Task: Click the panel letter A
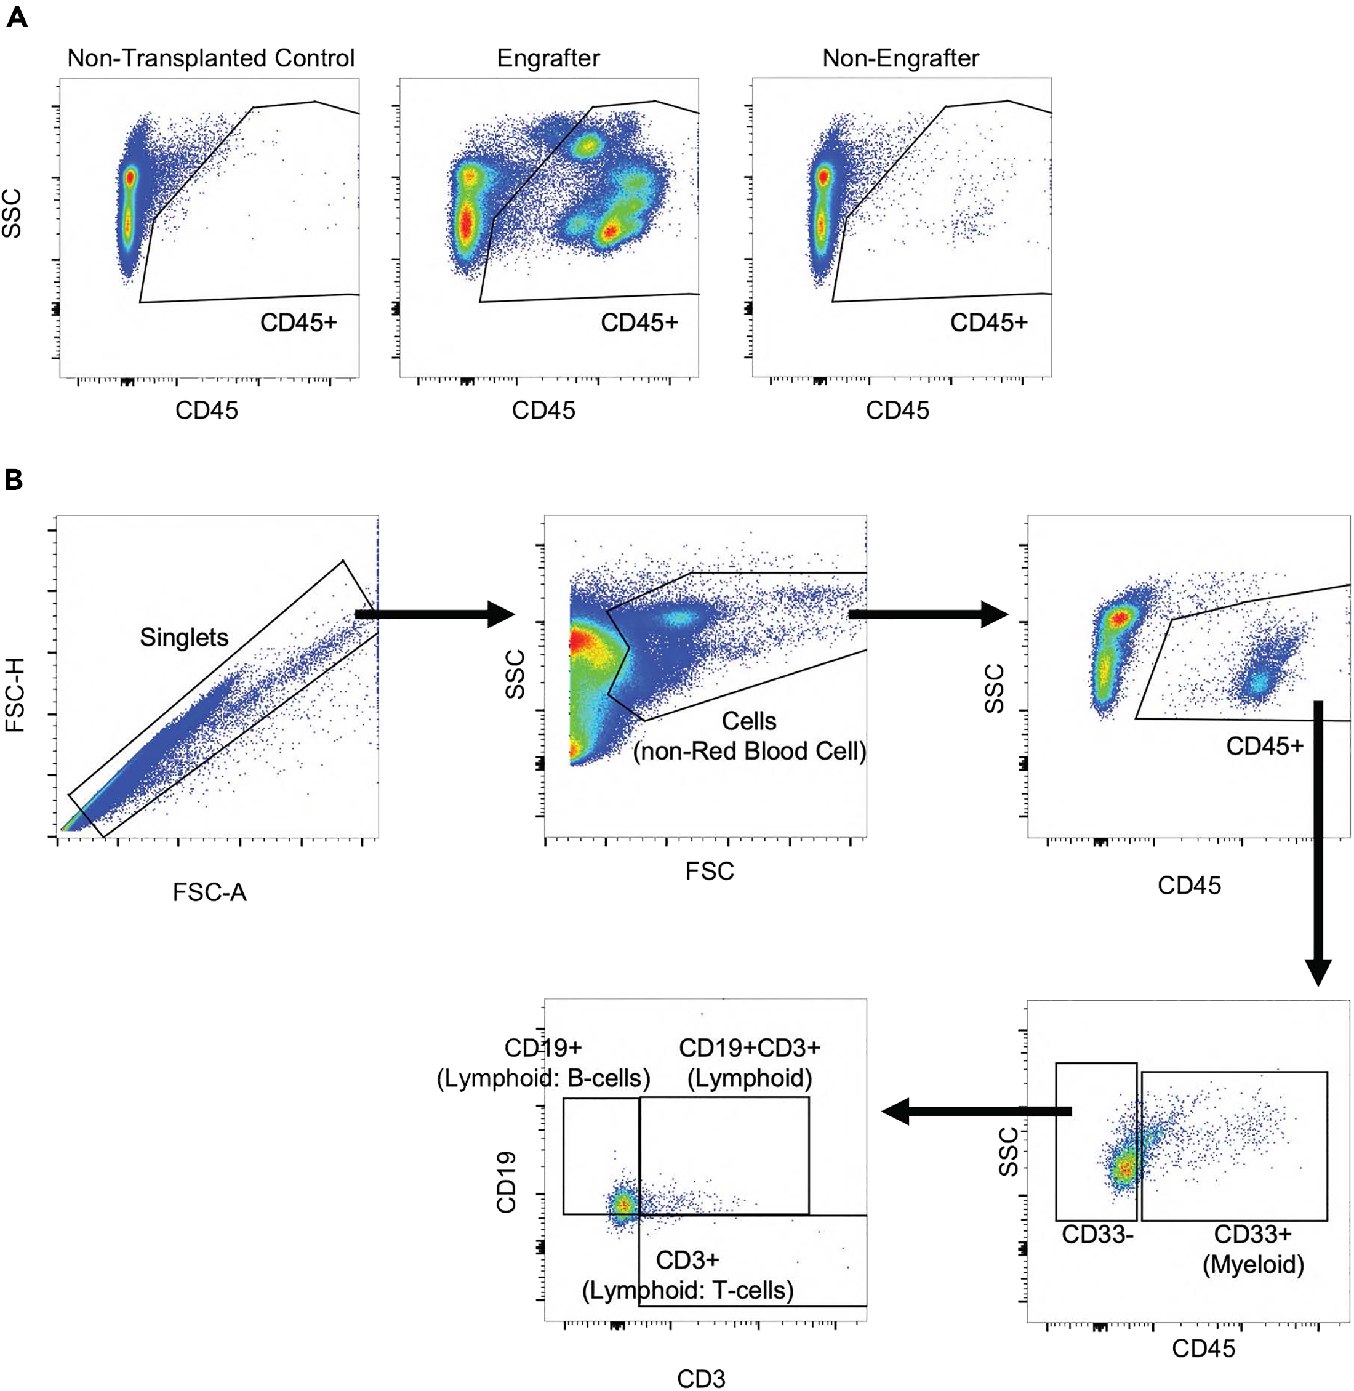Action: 17,17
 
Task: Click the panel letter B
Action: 14,480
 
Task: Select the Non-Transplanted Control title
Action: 210,58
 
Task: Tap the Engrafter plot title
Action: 548,58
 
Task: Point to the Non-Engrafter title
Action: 900,58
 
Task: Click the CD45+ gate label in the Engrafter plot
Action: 639,323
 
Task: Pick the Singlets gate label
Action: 184,637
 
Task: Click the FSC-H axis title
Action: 15,695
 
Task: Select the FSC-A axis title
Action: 209,892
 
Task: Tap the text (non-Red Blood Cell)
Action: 750,752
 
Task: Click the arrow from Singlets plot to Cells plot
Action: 434,614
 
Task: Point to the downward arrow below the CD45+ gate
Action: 1318,839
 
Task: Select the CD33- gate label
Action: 1097,1235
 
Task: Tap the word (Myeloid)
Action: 1253,1264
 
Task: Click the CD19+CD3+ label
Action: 750,1048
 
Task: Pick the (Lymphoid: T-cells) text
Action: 687,1290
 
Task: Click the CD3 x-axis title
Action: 701,1377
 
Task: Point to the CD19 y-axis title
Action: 507,1182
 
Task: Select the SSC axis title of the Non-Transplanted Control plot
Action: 11,214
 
